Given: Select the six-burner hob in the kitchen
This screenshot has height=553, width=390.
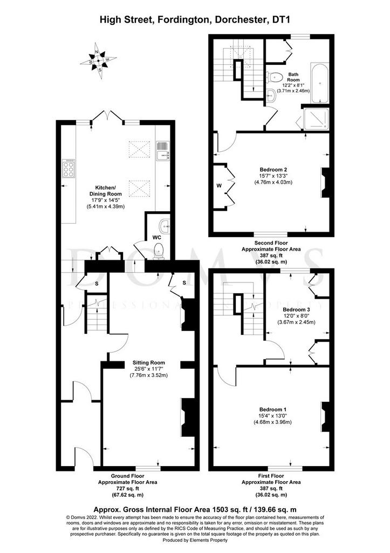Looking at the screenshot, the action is [x=69, y=168].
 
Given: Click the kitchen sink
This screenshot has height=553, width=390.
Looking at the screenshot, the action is [x=163, y=150].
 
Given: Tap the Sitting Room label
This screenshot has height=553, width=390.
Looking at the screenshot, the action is [x=148, y=362].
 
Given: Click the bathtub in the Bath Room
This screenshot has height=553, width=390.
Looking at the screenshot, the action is [x=320, y=83].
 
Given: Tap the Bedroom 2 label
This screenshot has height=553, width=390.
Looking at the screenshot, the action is [x=273, y=169].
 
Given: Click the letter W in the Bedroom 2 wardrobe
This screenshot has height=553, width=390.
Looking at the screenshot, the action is [x=219, y=186].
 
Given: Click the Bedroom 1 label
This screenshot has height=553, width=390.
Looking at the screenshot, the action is [x=273, y=409].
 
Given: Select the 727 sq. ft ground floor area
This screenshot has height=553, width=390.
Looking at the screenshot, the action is [x=127, y=488].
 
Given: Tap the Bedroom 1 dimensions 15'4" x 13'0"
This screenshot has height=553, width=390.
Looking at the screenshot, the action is [x=273, y=416].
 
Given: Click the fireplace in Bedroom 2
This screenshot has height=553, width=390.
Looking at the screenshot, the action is [x=325, y=183].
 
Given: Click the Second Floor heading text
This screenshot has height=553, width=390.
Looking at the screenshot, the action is [x=271, y=243].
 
